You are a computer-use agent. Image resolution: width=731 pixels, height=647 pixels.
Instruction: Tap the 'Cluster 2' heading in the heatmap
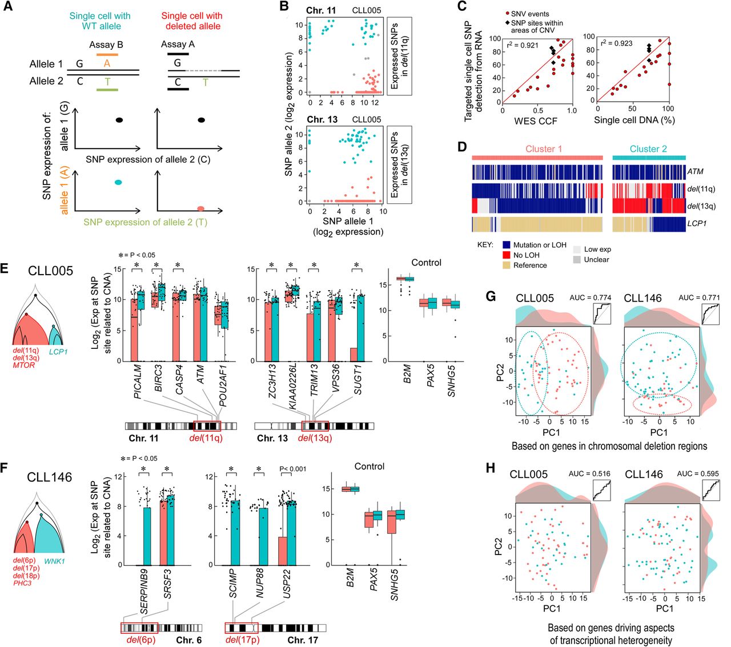(648, 149)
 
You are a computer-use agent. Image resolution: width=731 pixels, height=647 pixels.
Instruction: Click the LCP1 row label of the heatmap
(697, 223)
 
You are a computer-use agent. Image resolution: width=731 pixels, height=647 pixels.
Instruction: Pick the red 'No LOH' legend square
(506, 255)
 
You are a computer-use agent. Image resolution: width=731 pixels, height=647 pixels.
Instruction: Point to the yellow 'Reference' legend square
(506, 265)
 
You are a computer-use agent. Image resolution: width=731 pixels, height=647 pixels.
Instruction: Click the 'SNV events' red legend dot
(507, 13)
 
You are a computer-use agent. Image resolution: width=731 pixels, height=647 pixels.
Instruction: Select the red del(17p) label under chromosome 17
(240, 640)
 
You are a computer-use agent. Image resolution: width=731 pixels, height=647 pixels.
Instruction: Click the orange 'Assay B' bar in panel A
(107, 55)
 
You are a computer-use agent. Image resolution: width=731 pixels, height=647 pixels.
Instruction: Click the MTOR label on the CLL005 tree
(23, 365)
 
